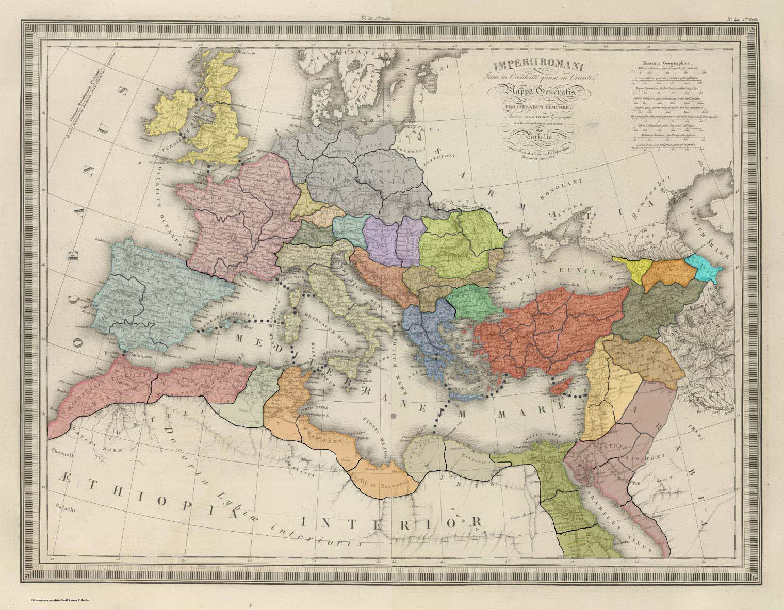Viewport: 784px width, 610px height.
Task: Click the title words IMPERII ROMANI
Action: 531,65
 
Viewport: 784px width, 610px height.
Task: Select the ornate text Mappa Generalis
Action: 531,91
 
